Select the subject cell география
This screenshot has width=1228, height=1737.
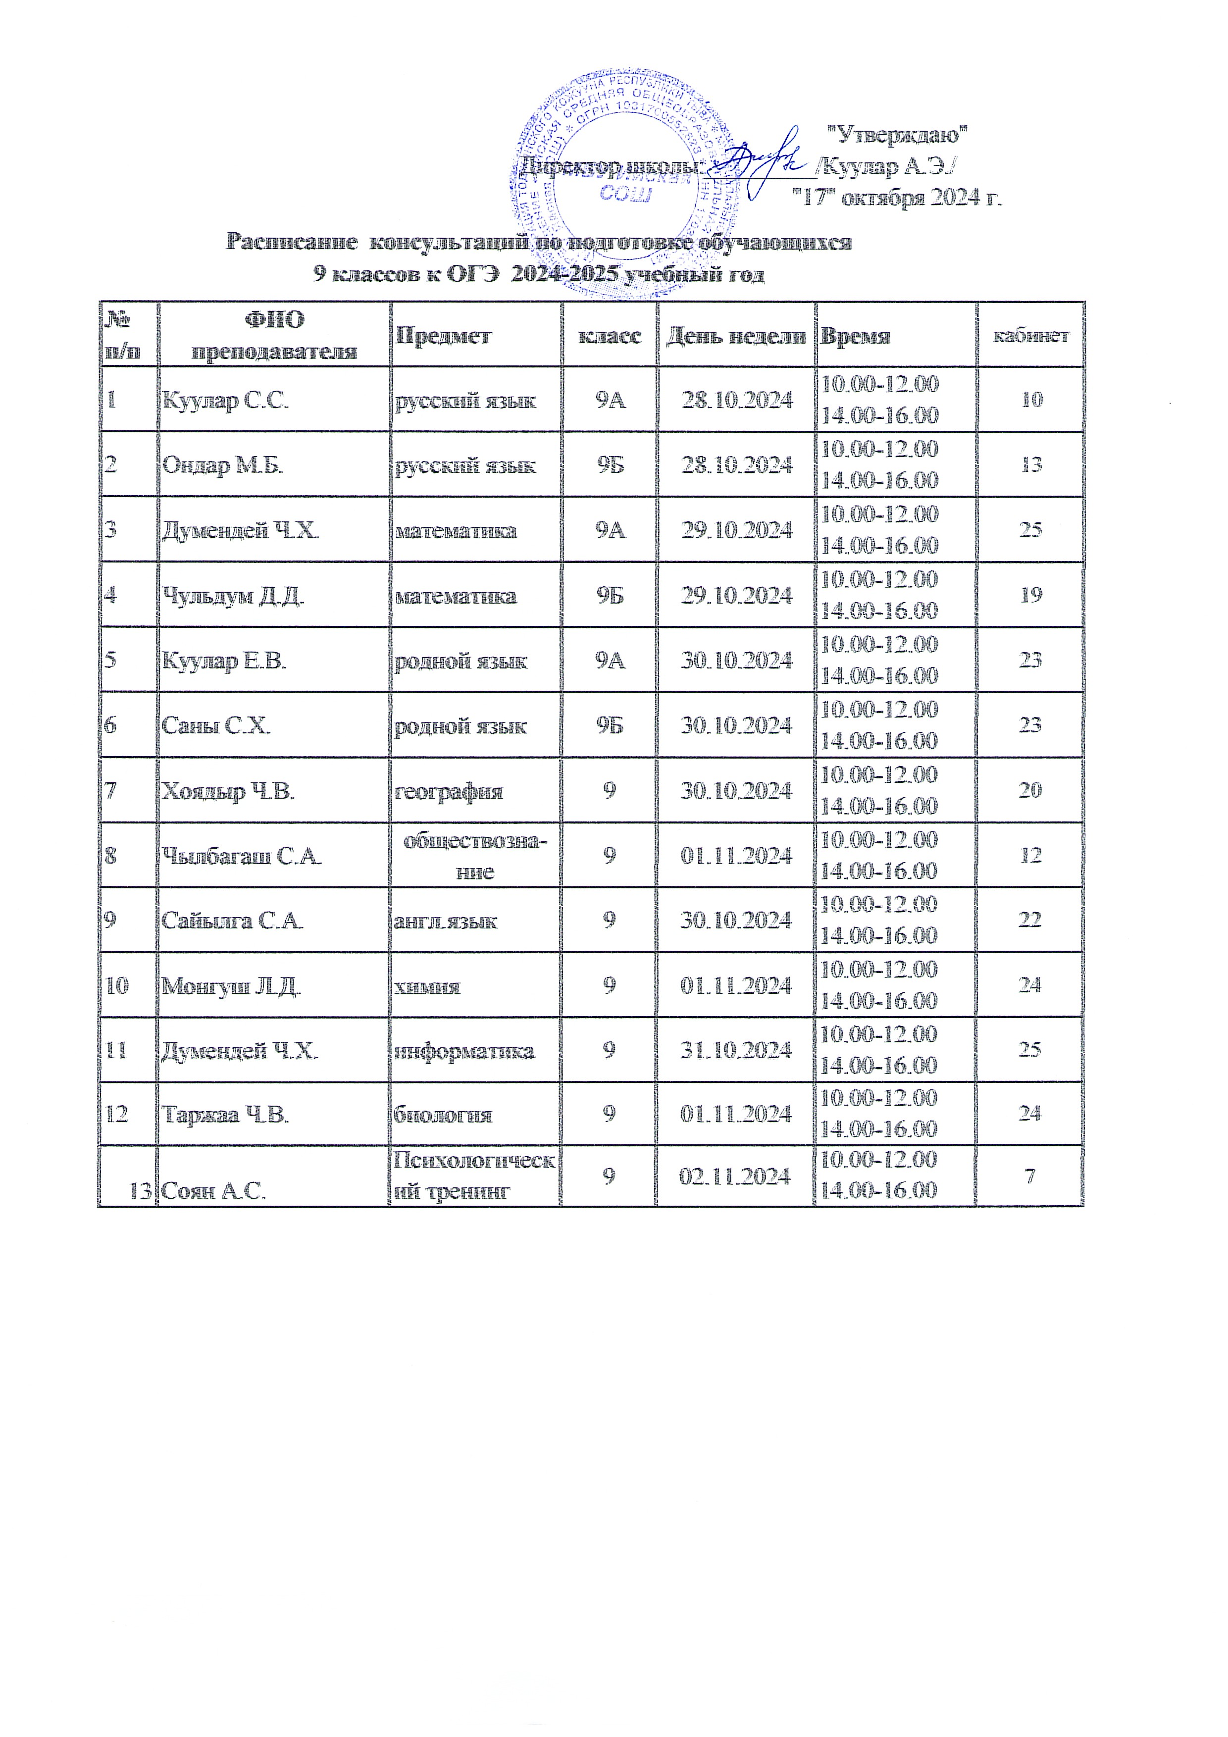click(449, 791)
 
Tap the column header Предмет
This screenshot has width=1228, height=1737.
click(443, 336)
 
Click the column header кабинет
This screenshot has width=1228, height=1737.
click(1030, 336)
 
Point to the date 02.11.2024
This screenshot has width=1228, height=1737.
click(735, 1176)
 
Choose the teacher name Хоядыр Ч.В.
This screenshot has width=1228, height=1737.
click(228, 791)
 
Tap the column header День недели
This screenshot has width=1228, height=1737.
click(735, 336)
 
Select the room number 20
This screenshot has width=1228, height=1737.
click(1030, 790)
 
